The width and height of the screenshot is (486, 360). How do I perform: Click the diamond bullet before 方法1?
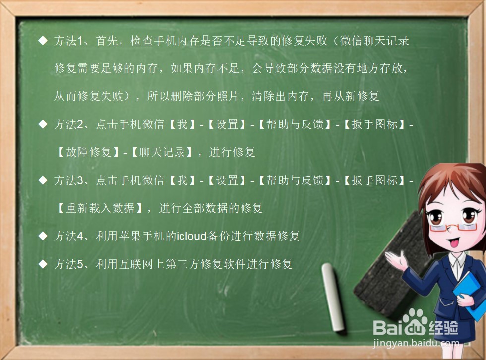tap(43, 41)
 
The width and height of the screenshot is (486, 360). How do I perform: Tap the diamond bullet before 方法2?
tap(43, 124)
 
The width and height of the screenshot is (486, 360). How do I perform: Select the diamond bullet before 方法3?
tap(43, 180)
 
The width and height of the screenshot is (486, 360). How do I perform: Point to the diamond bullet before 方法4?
tap(43, 236)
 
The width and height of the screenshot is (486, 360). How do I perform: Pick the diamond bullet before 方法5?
tap(43, 264)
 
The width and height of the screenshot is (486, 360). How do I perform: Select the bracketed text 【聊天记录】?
tap(162, 152)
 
